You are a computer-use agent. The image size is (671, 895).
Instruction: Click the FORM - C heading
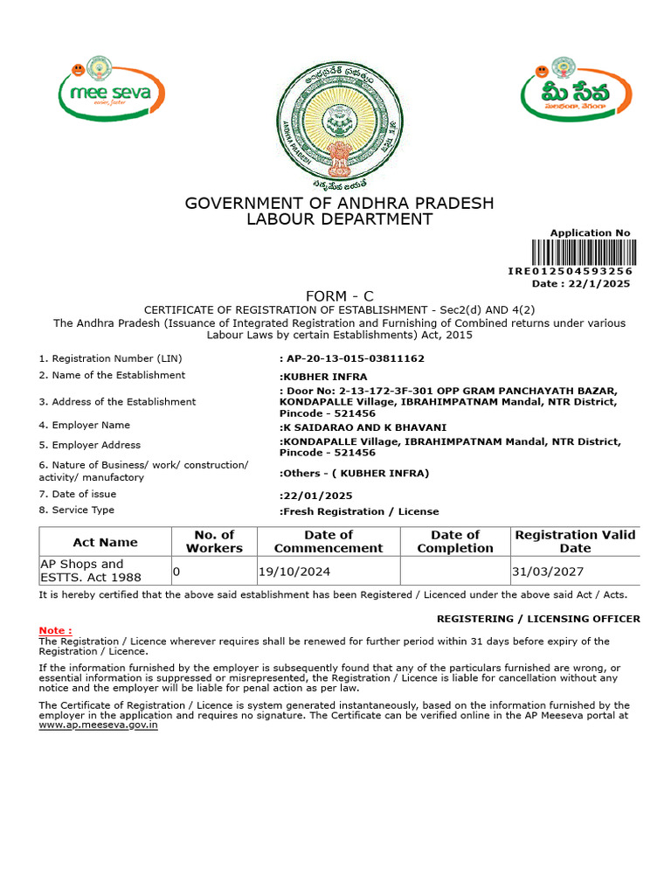point(339,296)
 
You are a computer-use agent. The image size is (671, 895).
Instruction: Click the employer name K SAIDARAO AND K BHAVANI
point(363,427)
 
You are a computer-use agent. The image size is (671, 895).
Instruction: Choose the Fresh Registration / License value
point(359,511)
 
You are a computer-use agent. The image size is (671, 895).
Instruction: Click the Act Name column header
point(105,542)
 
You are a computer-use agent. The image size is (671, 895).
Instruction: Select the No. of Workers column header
point(214,542)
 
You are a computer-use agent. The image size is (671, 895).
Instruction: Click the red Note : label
point(55,630)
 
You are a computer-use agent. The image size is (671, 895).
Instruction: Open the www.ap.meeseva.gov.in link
point(99,725)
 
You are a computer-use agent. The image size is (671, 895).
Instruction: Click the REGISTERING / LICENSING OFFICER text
point(538,619)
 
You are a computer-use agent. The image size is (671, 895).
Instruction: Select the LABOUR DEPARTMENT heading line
point(339,219)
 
